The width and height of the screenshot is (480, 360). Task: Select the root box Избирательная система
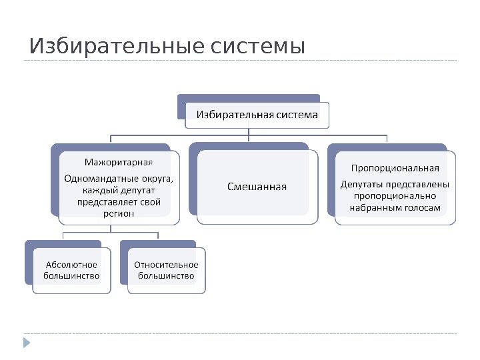[x=257, y=115]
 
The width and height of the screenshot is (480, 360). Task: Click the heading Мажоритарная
[x=118, y=162]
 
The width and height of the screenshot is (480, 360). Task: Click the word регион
[x=119, y=213]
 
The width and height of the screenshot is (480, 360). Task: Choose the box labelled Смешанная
[x=257, y=186]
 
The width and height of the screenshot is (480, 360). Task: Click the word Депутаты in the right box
[x=363, y=184]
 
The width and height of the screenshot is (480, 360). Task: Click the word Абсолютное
[x=71, y=263]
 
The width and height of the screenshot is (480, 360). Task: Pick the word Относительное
[x=167, y=263]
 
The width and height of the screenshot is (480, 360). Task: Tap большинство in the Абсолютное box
[x=71, y=275]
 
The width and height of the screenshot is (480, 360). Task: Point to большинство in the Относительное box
[x=167, y=275]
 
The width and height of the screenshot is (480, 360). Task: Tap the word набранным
[x=377, y=208]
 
